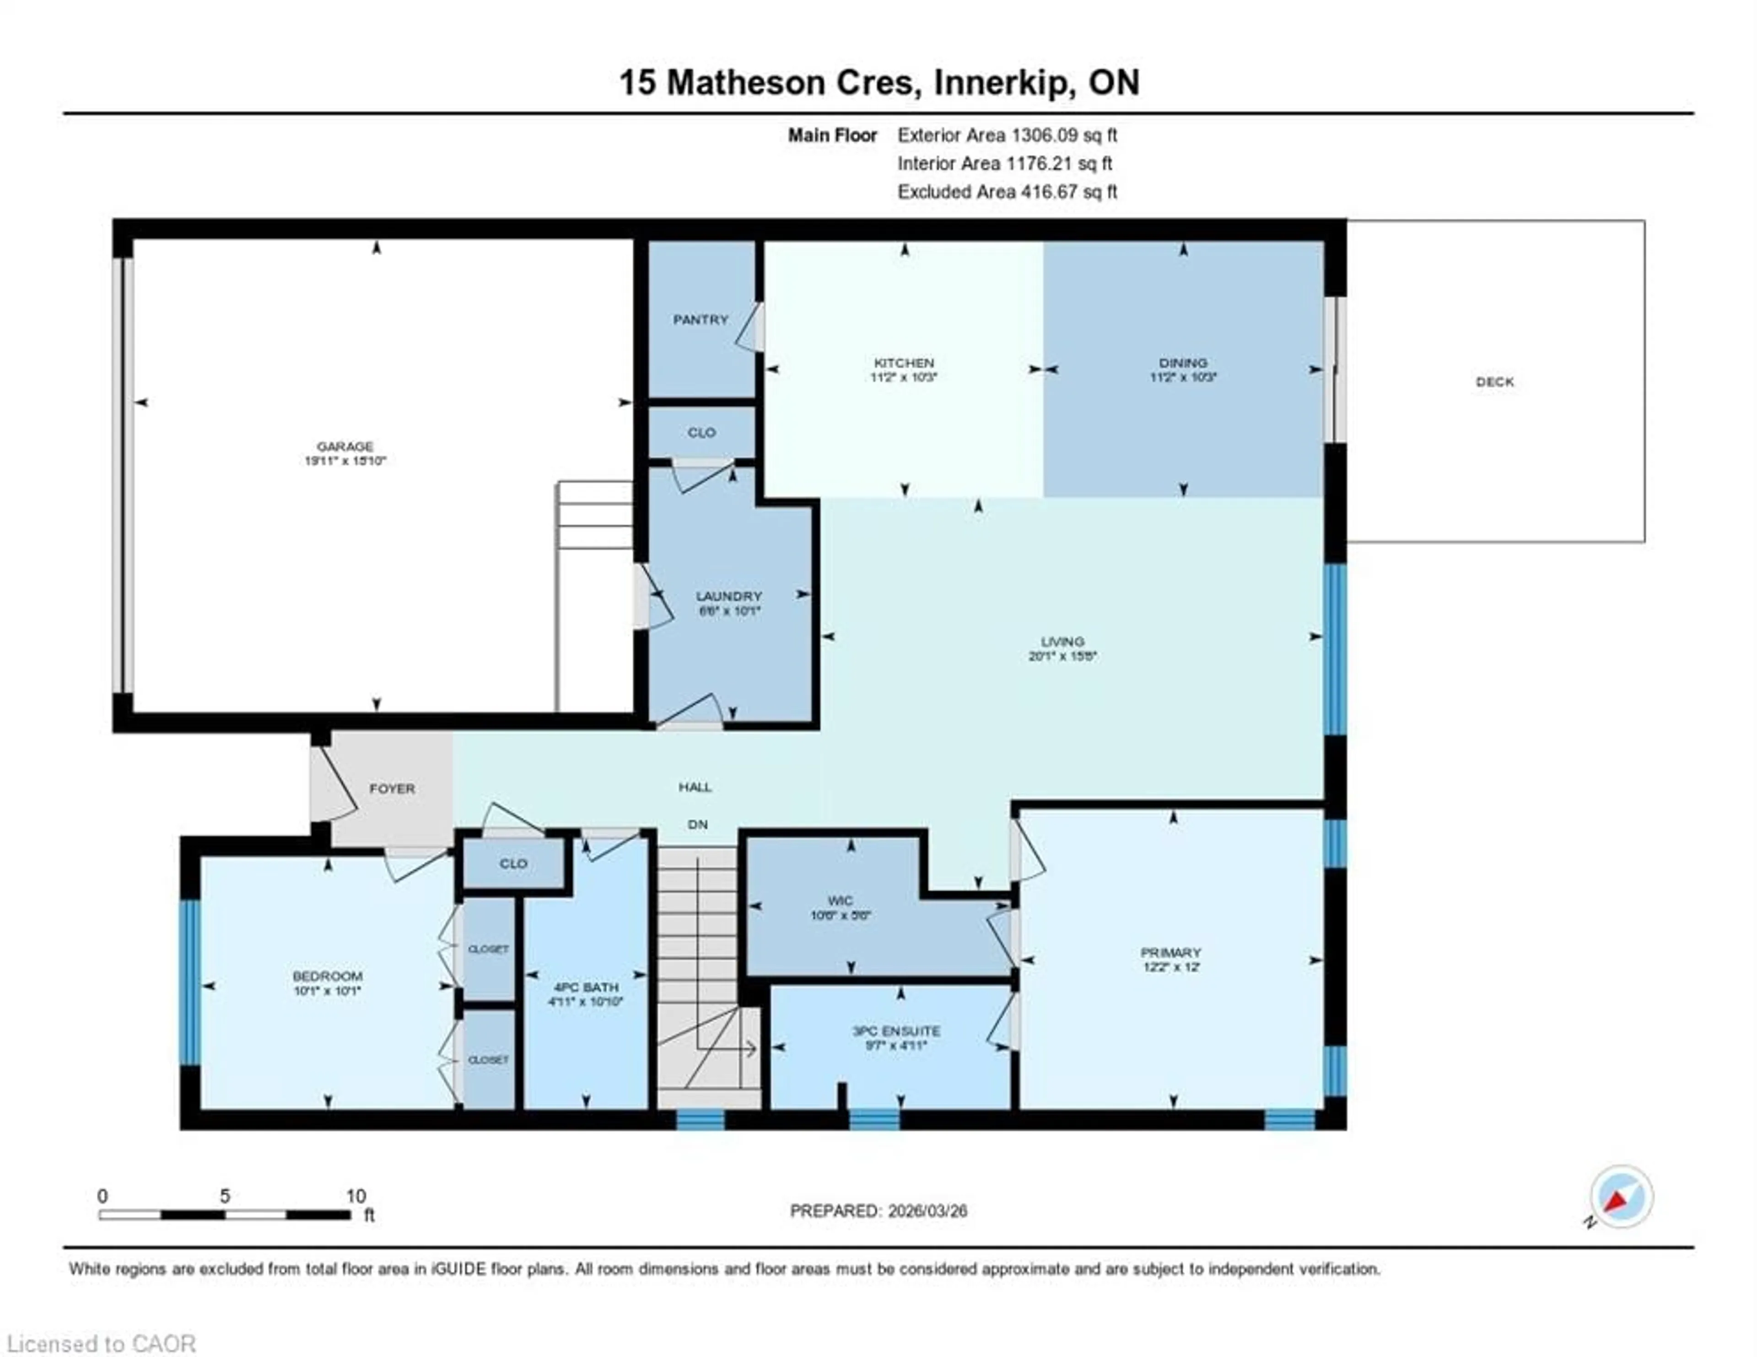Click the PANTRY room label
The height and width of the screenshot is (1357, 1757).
point(700,319)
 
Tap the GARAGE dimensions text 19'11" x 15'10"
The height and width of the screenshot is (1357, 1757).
point(345,461)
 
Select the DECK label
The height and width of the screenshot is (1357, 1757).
point(1495,382)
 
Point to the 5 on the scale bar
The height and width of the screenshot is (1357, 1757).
point(225,1196)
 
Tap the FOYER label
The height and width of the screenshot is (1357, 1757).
point(392,788)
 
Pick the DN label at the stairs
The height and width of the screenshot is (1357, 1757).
point(697,825)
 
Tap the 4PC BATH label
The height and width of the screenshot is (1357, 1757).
point(586,987)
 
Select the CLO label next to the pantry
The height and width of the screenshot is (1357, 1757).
point(701,433)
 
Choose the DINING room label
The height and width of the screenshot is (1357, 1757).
point(1183,363)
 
